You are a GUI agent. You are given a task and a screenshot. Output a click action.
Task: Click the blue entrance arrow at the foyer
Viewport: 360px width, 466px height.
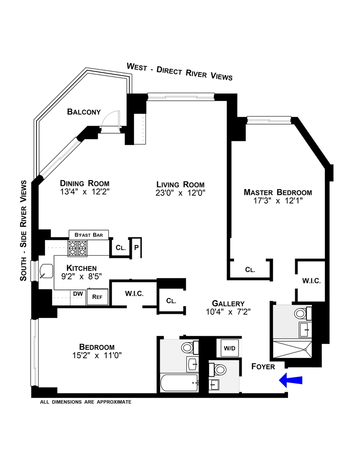pyautogui.click(x=291, y=380)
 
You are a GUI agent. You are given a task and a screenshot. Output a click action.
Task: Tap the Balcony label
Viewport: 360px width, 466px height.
pyautogui.click(x=84, y=112)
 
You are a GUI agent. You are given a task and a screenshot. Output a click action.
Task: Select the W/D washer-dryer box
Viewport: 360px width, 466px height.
pyautogui.click(x=229, y=348)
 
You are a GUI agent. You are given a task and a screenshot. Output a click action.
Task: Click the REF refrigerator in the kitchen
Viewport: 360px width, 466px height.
pyautogui.click(x=98, y=297)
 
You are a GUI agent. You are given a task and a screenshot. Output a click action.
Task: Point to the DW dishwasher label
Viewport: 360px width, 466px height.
pyautogui.click(x=78, y=294)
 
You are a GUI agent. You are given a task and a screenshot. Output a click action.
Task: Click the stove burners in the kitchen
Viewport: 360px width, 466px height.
pyautogui.click(x=77, y=248)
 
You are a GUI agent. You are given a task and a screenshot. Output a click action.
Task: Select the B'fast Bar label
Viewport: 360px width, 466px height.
pyautogui.click(x=89, y=235)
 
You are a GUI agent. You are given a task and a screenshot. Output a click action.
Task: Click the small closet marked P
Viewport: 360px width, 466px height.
pyautogui.click(x=136, y=248)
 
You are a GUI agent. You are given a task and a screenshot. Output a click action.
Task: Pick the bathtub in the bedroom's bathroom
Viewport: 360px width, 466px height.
pyautogui.click(x=179, y=383)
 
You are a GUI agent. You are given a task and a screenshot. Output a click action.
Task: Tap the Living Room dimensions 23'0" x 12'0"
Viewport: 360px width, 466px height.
pyautogui.click(x=180, y=193)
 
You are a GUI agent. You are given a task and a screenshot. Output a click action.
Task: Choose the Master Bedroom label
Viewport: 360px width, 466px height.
pyautogui.click(x=278, y=192)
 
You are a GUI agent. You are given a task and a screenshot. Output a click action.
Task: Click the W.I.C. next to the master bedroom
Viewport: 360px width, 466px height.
pyautogui.click(x=311, y=281)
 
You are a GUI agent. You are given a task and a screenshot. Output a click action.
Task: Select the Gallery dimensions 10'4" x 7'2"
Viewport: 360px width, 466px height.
pyautogui.click(x=228, y=312)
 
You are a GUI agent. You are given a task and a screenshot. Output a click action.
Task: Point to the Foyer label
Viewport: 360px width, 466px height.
pyautogui.click(x=263, y=366)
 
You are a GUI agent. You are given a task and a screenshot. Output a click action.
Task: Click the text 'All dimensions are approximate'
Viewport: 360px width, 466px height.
pyautogui.click(x=85, y=402)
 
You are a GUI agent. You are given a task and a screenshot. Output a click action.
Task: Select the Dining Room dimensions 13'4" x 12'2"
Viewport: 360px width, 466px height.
pyautogui.click(x=85, y=192)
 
